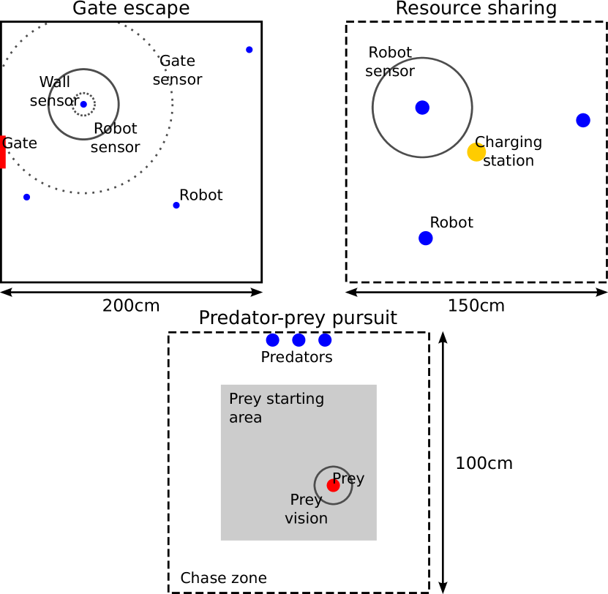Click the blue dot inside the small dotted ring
[x=83, y=105]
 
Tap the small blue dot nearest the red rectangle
[x=27, y=197]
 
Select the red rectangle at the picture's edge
[x=2, y=152]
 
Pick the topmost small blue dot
[x=249, y=50]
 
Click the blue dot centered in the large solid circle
[x=422, y=108]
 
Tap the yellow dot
[x=476, y=152]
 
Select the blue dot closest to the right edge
[x=583, y=120]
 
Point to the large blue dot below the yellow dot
[x=426, y=238]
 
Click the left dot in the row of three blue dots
[x=273, y=340]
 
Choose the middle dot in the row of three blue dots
[x=299, y=340]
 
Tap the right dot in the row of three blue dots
[x=325, y=340]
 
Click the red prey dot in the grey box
[x=333, y=486]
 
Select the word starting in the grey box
[x=296, y=399]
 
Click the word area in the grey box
[x=245, y=418]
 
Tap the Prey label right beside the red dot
[x=349, y=478]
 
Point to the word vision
[x=306, y=519]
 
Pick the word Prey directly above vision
[x=306, y=500]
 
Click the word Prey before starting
[x=245, y=399]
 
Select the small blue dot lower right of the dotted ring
[x=176, y=206]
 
